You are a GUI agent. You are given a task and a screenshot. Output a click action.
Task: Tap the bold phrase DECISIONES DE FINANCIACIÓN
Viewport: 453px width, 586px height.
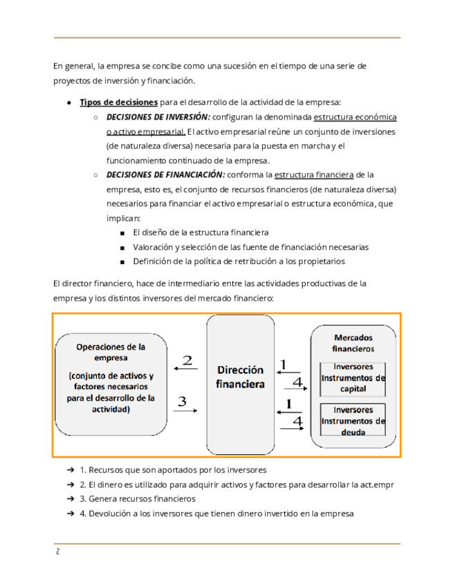[x=165, y=175]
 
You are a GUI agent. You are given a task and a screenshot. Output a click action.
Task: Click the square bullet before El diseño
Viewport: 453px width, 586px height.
[x=122, y=233]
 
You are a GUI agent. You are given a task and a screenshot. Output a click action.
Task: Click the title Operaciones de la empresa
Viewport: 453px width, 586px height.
[x=111, y=352]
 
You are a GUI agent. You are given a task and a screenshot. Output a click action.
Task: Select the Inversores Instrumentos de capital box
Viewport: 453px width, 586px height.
[x=353, y=378]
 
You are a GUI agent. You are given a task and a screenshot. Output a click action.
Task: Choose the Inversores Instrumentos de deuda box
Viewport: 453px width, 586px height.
[x=353, y=421]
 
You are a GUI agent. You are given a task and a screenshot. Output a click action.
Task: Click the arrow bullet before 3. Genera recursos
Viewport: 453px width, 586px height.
[x=71, y=499]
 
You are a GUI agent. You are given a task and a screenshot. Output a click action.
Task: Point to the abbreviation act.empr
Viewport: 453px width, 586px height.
[x=378, y=484]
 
